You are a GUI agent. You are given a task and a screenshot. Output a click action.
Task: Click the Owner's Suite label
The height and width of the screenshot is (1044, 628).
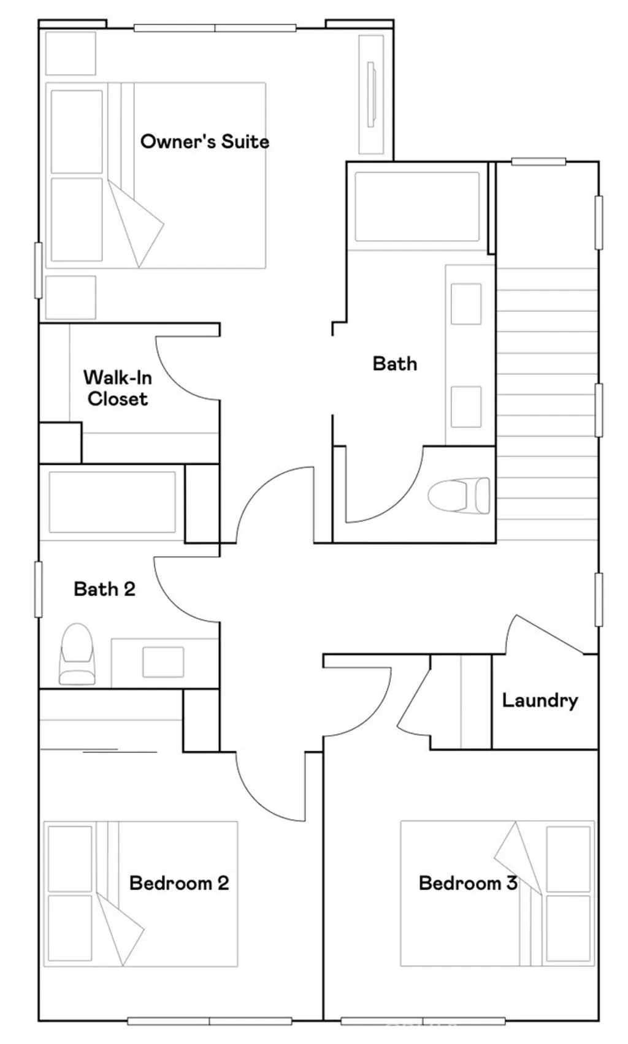pos(205,141)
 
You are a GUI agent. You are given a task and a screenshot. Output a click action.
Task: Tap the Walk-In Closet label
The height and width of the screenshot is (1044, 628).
pos(118,388)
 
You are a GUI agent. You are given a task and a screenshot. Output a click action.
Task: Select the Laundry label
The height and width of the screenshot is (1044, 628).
pos(540,700)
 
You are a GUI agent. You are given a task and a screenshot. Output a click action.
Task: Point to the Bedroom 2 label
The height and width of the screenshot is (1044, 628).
pos(179,883)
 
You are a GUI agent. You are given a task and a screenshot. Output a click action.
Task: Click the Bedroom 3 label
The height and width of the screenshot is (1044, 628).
pos(468,883)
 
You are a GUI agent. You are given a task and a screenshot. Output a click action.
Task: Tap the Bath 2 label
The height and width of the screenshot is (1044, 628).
pos(104,589)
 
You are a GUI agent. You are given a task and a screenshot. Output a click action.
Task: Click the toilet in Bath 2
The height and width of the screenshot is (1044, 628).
pos(77,654)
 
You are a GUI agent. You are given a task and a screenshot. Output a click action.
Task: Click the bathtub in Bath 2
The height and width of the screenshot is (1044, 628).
pos(112,502)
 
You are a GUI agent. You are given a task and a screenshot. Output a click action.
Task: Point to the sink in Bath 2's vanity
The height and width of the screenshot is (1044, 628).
pos(163,662)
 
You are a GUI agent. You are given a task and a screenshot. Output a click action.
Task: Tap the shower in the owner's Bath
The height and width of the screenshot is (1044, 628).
pos(417,206)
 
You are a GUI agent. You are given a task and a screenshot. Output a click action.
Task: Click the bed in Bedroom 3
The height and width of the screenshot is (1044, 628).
pos(497,893)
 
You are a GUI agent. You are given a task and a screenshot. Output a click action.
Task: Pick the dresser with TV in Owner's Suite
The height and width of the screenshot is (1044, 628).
pos(372,94)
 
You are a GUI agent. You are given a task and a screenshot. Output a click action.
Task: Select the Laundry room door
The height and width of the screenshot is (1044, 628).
pos(545,634)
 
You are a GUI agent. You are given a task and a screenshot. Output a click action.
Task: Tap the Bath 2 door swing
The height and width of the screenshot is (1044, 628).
pos(186,590)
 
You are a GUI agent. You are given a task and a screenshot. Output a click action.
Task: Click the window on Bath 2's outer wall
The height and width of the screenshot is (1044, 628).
pos(38,589)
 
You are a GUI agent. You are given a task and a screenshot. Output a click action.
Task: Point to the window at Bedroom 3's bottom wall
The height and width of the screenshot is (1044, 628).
pos(423,1021)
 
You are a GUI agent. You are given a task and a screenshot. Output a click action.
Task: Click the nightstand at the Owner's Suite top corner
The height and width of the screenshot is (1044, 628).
pos(71,53)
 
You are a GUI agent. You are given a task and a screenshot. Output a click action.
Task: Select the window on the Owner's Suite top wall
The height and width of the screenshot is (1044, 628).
pos(215,28)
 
